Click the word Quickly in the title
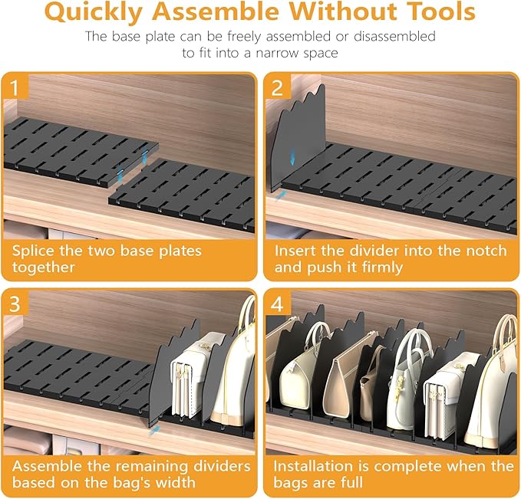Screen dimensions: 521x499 coord(94,12)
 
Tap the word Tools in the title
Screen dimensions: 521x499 coord(441,11)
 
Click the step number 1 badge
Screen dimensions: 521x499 coord(15,87)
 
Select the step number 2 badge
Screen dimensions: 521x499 coord(277,87)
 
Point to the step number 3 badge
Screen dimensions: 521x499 coord(15,304)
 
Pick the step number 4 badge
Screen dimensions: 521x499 coord(277,304)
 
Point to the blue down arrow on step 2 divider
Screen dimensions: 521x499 coord(292,156)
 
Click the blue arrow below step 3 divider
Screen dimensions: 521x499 coord(154,431)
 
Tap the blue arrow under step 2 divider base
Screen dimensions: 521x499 coord(281,195)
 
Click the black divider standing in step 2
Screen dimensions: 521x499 coord(298,139)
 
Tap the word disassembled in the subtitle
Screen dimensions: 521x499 coord(394,37)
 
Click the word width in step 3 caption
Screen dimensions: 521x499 coord(176,482)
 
